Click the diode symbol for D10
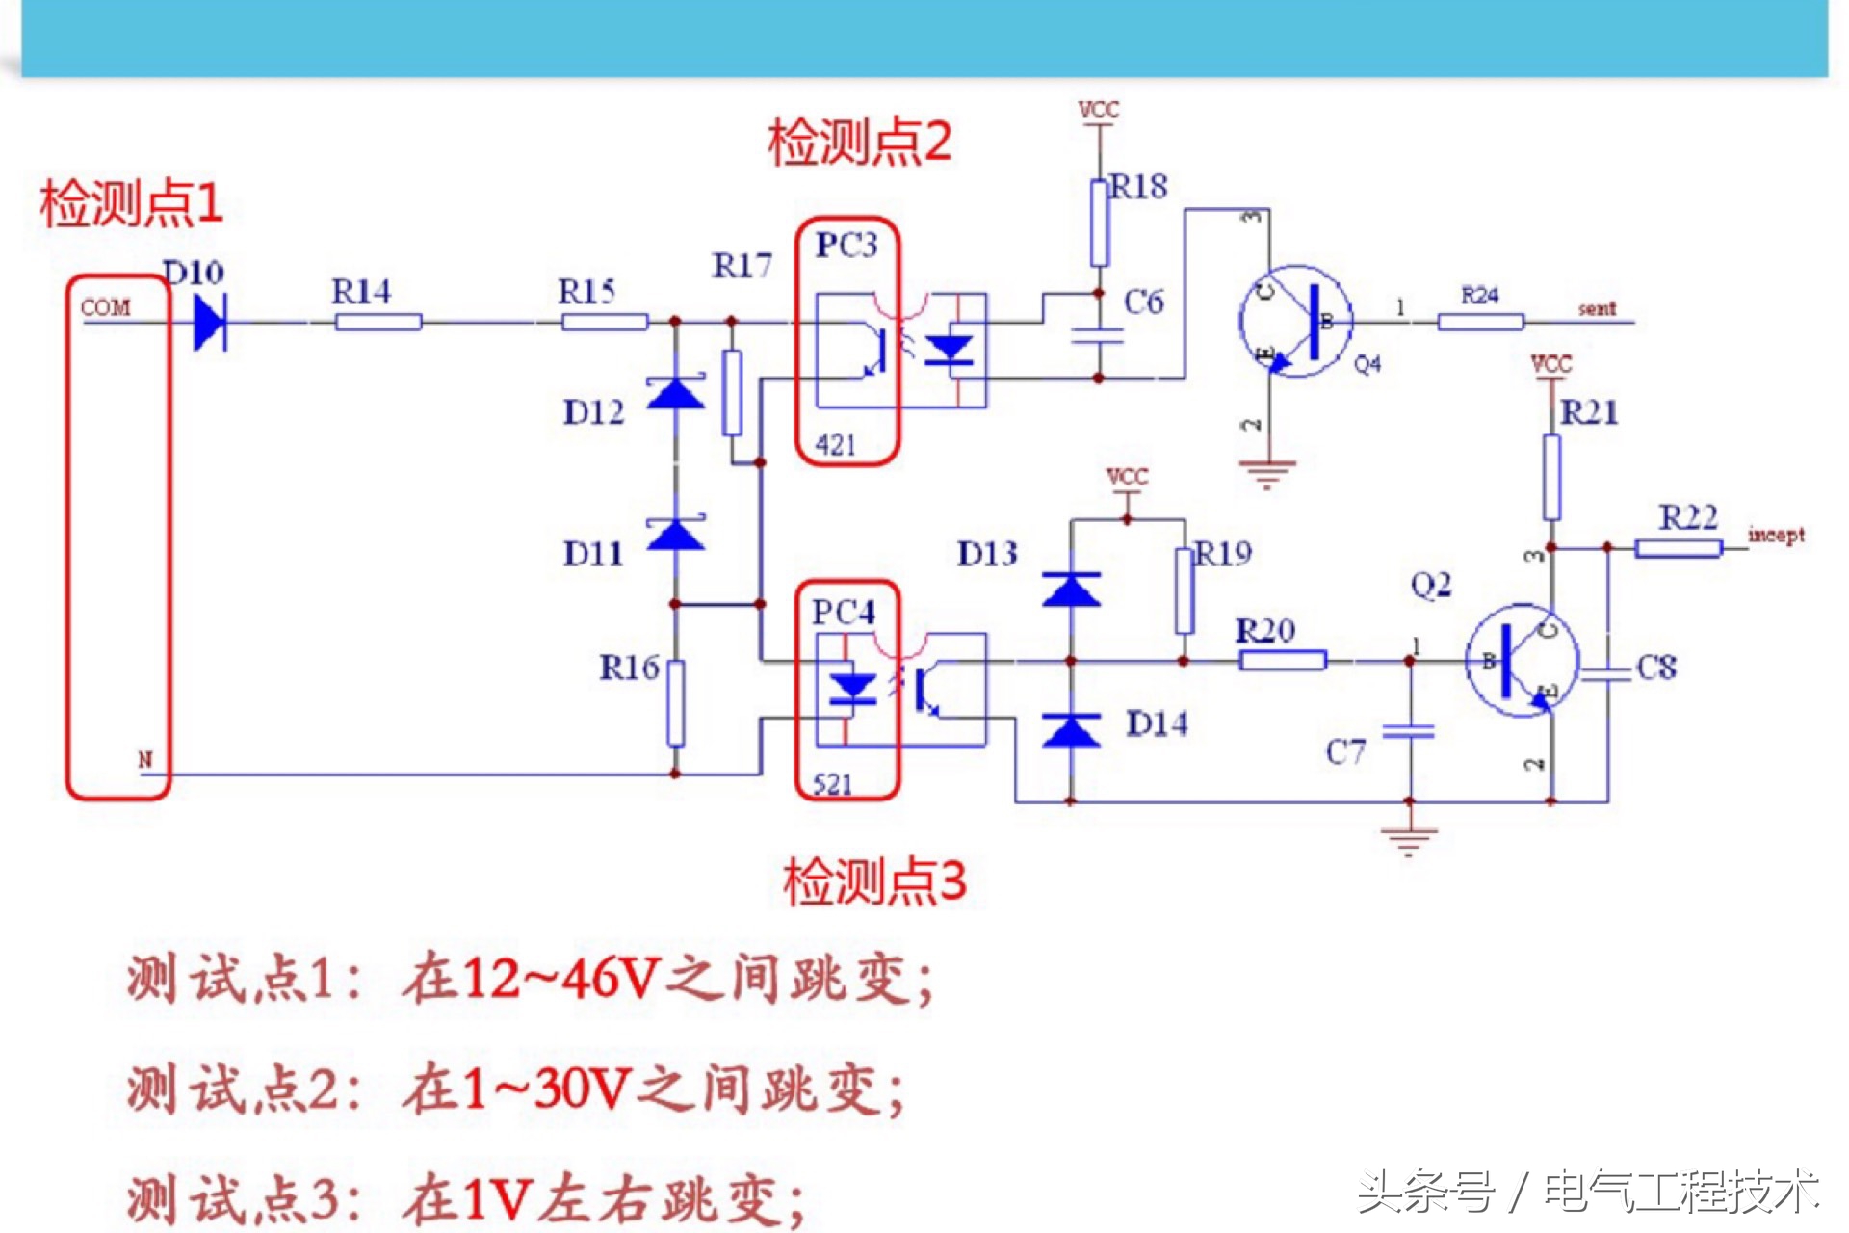click(x=209, y=322)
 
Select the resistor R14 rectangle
click(x=378, y=322)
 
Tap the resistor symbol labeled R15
click(x=605, y=322)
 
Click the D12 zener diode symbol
click(x=675, y=393)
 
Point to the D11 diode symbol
click(x=675, y=534)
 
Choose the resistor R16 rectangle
click(x=676, y=704)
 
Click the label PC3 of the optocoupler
click(x=846, y=246)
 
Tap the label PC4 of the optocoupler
click(x=844, y=613)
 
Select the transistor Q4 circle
click(x=1295, y=322)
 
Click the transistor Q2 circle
click(x=1522, y=661)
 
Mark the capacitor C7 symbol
click(x=1409, y=733)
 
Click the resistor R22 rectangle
click(x=1679, y=548)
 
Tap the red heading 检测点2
click(x=859, y=143)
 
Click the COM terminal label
click(x=105, y=308)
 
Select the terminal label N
click(x=144, y=759)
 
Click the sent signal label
click(x=1597, y=309)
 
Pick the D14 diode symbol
click(x=1071, y=730)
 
